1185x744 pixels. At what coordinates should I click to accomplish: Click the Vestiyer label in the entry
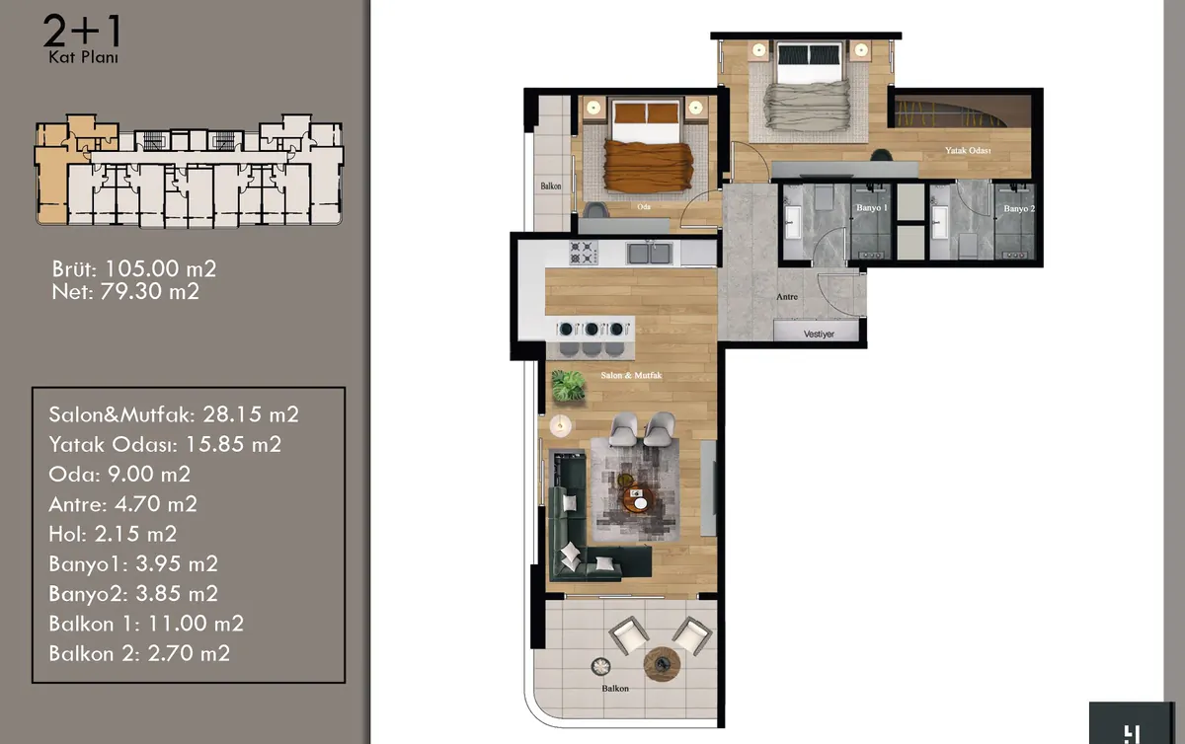click(819, 335)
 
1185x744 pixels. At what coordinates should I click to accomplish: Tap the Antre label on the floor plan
click(787, 297)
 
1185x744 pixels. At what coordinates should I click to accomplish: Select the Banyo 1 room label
click(871, 208)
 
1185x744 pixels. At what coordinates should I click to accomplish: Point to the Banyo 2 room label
click(1019, 209)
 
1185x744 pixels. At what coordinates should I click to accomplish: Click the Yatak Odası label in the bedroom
click(968, 151)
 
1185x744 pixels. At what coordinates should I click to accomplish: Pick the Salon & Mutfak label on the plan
click(631, 375)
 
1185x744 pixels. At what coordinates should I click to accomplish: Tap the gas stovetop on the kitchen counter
click(583, 253)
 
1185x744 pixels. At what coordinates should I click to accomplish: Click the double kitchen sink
click(650, 253)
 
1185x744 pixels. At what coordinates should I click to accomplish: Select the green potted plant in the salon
click(568, 386)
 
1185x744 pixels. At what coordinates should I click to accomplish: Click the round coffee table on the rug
click(638, 499)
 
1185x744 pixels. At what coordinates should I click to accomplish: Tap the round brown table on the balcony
click(662, 664)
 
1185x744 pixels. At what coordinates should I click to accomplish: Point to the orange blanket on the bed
click(649, 165)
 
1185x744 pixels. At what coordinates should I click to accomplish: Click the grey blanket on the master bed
click(808, 106)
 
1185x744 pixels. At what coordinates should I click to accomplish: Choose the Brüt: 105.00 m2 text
click(134, 268)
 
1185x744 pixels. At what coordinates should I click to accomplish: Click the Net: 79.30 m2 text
click(125, 291)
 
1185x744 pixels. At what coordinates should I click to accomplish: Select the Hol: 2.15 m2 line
click(113, 534)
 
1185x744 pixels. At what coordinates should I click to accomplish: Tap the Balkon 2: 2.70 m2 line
click(139, 653)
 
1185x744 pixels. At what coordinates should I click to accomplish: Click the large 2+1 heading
click(83, 32)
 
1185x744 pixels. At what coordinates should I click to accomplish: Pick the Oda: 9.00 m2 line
click(119, 475)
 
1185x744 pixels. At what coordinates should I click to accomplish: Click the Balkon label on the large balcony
click(615, 689)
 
